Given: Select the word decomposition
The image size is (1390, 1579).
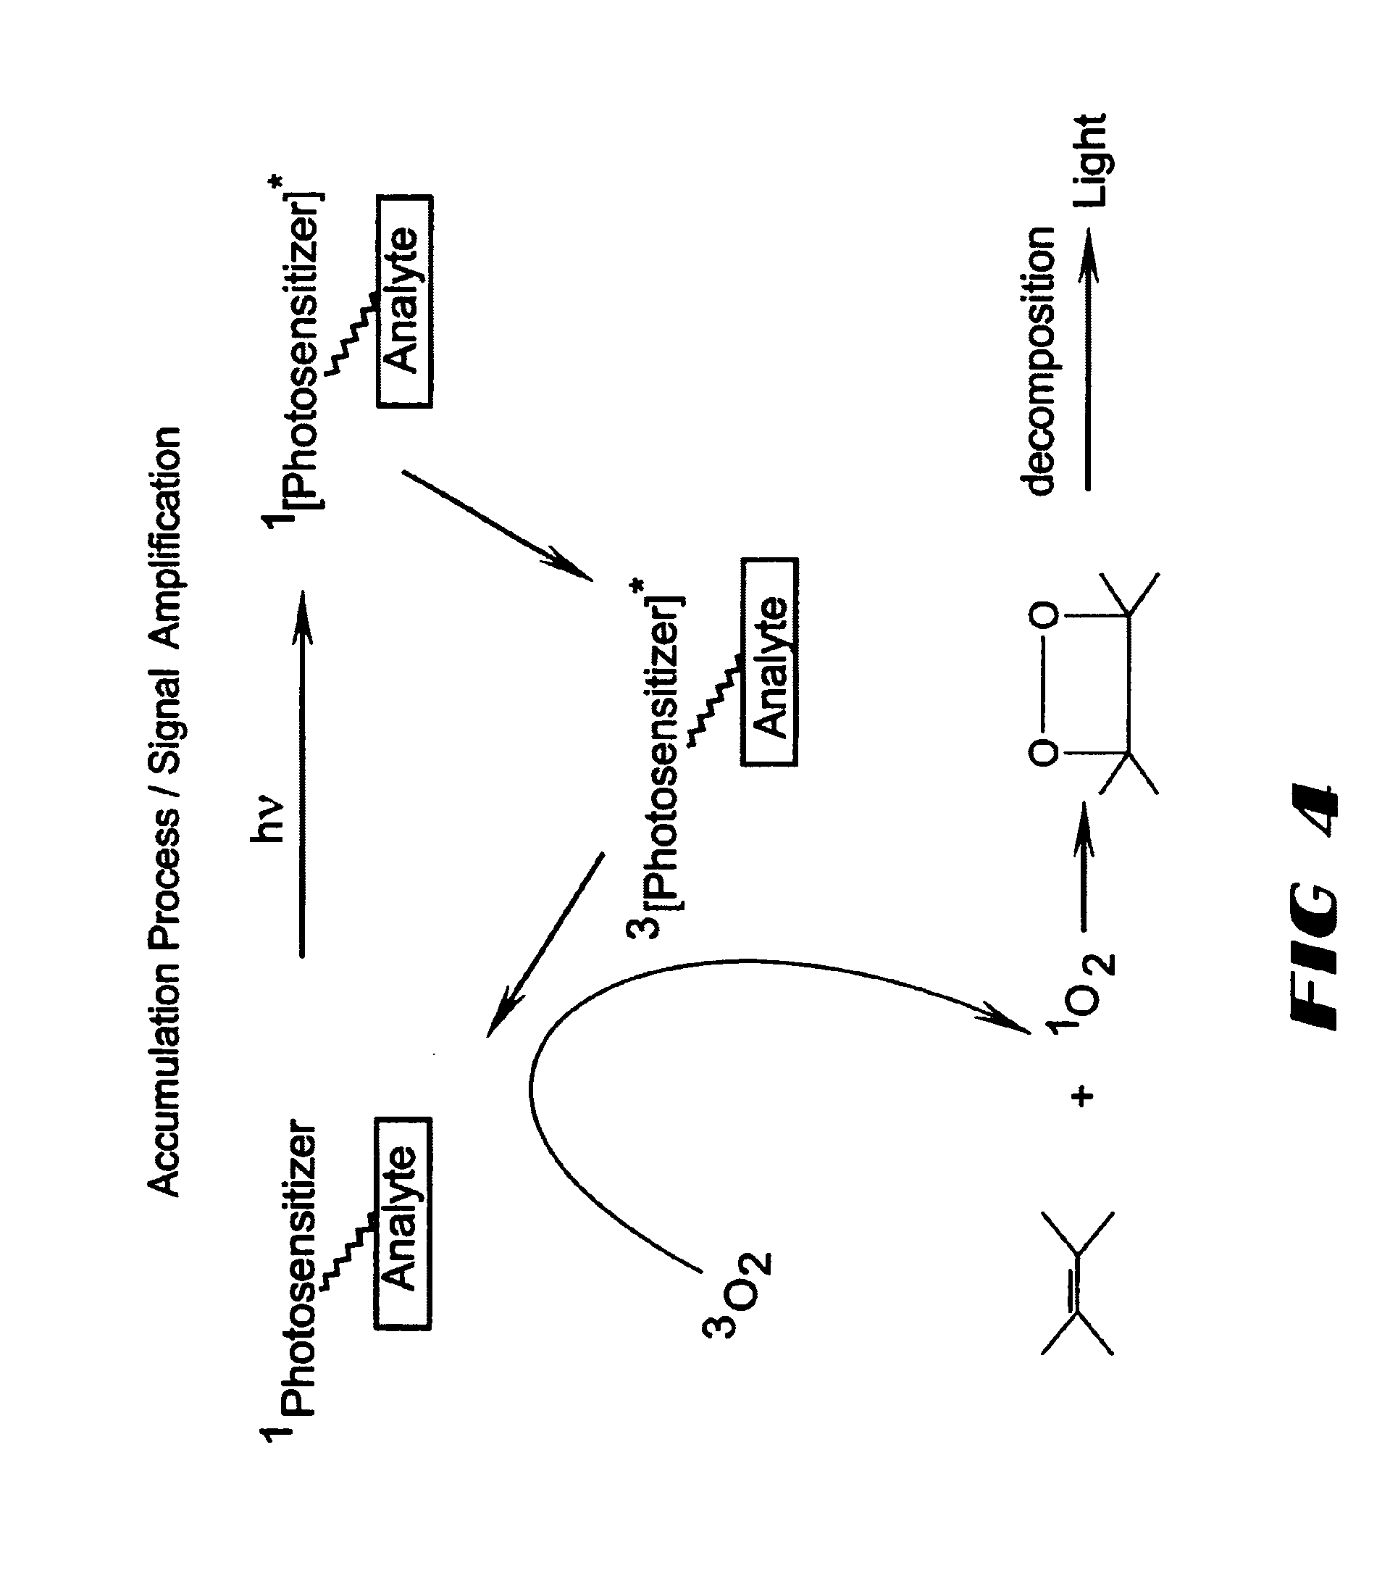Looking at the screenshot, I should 1039,360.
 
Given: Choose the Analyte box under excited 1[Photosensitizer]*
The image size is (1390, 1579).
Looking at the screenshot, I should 404,301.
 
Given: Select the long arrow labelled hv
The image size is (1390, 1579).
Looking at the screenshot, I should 302,773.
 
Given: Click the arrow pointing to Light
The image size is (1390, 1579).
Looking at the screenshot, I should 1088,360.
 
